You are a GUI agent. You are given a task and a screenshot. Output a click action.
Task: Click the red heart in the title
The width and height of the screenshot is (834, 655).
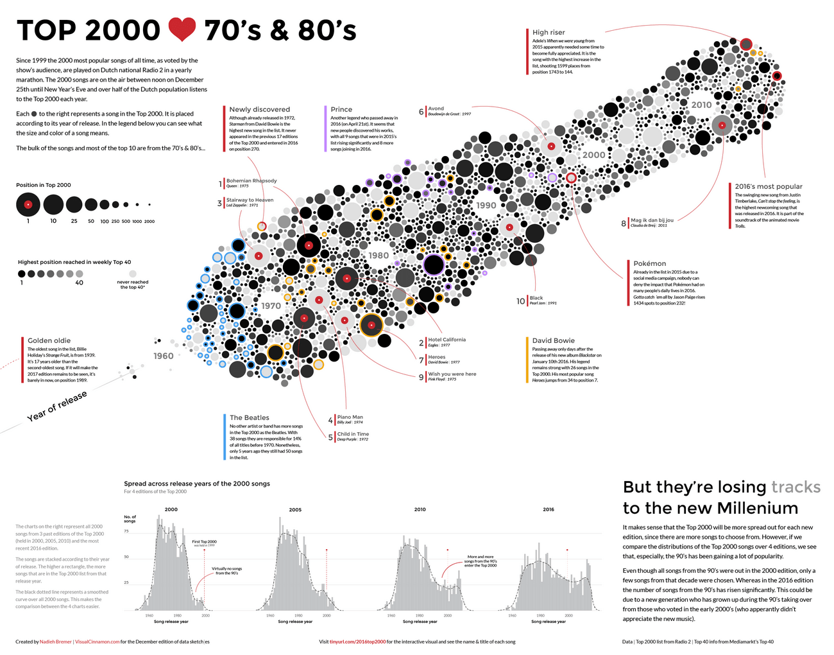pyautogui.click(x=182, y=30)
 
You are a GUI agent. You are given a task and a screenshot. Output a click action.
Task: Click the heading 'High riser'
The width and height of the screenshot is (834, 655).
pyautogui.click(x=549, y=32)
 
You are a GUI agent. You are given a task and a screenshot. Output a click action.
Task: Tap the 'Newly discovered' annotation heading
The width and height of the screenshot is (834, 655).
pyautogui.click(x=259, y=109)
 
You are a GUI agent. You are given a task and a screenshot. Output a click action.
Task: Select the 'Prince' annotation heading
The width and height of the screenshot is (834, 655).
pyautogui.click(x=341, y=109)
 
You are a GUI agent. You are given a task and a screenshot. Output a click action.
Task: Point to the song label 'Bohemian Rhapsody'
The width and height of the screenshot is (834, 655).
pyautogui.click(x=251, y=180)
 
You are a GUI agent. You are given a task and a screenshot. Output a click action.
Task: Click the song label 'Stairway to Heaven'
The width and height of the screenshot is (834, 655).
pyautogui.click(x=250, y=200)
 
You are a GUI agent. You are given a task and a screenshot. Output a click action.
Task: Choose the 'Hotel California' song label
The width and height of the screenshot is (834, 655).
pyautogui.click(x=447, y=340)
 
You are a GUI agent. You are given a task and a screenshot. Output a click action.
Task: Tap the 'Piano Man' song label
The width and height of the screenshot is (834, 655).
pyautogui.click(x=350, y=417)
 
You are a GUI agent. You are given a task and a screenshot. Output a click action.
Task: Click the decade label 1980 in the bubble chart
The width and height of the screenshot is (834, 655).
pyautogui.click(x=379, y=255)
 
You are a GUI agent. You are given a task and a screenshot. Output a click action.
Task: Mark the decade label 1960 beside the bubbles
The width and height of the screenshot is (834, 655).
pyautogui.click(x=163, y=356)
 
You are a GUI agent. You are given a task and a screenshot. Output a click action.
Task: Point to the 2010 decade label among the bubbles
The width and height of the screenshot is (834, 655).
pyautogui.click(x=701, y=105)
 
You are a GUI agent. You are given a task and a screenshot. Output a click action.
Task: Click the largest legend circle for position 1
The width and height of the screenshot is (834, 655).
pyautogui.click(x=28, y=205)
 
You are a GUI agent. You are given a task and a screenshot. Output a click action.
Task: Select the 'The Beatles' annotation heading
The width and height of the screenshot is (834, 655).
pyautogui.click(x=250, y=417)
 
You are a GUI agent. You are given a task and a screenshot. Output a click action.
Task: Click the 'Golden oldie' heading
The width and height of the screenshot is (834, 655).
pyautogui.click(x=49, y=340)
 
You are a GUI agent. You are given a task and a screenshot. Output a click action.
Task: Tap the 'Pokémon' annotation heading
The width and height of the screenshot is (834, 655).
pyautogui.click(x=649, y=263)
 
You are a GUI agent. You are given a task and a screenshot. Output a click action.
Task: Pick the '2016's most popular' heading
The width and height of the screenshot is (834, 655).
pyautogui.click(x=768, y=186)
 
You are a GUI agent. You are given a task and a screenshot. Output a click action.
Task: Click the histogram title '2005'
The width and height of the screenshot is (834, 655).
pyautogui.click(x=295, y=510)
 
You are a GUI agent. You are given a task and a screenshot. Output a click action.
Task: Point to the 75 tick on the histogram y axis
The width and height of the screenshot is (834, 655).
pyautogui.click(x=126, y=531)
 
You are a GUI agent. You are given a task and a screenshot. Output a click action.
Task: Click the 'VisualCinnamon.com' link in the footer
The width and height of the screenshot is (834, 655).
pyautogui.click(x=97, y=642)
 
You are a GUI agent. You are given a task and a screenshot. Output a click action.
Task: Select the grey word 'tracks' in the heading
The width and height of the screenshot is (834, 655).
pyautogui.click(x=796, y=487)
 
